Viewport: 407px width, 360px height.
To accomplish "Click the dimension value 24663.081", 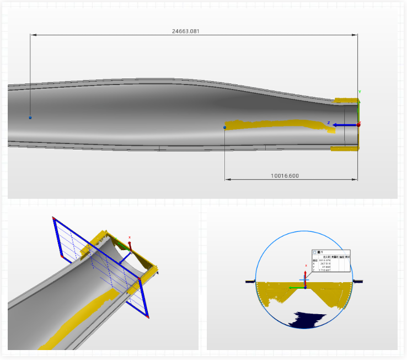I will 186,31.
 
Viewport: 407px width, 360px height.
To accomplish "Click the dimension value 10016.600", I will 285,176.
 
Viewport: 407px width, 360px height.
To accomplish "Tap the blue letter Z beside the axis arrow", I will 329,123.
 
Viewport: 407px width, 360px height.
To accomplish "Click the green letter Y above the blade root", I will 360,92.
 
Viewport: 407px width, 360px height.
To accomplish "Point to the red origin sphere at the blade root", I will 358,125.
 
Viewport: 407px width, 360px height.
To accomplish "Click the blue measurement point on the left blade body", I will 30,118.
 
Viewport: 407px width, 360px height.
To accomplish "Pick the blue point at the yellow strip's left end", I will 225,128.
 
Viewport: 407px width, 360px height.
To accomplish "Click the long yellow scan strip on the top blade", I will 276,124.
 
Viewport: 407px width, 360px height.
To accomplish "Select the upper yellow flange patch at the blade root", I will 346,100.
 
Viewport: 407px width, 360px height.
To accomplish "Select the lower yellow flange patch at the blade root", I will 345,148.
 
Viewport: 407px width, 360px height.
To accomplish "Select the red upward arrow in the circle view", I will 305,274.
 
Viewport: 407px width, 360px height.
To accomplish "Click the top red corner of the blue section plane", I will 53,218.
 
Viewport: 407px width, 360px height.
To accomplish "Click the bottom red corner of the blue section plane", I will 147,316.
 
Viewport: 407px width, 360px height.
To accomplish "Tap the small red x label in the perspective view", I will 130,237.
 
